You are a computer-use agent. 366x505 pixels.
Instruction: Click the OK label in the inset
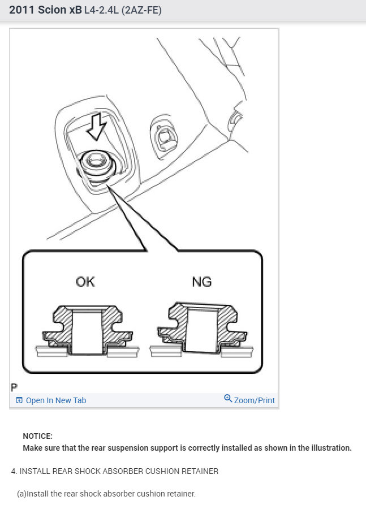85,281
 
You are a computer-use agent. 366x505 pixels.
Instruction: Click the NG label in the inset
201,281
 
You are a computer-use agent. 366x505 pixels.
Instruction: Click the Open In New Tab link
56,400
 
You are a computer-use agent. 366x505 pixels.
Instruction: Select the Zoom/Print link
254,400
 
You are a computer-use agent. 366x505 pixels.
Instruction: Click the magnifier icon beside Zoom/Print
228,399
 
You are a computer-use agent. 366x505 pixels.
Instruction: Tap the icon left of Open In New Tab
19,400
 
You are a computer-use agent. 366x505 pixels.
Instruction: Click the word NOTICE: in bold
37,436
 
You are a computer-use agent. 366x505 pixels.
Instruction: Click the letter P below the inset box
14,388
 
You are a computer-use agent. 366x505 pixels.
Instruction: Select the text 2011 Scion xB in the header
45,10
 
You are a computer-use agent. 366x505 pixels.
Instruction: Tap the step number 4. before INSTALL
14,471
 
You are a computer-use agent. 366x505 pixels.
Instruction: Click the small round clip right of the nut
165,136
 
